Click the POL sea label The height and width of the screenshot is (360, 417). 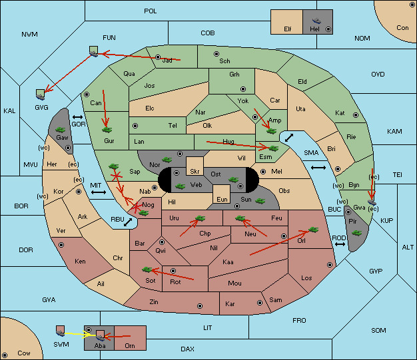click(151, 11)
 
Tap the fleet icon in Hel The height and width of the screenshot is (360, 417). click(316, 21)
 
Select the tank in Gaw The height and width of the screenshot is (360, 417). click(61, 130)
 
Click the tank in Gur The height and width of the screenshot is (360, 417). click(107, 130)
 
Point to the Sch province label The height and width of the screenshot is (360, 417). click(224, 61)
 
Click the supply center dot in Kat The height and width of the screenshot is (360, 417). click(356, 115)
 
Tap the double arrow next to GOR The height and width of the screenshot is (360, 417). click(78, 117)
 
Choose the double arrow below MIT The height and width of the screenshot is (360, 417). click(99, 192)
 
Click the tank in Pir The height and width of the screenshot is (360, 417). click(356, 234)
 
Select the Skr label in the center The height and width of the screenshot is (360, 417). click(195, 172)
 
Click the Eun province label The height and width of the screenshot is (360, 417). click(222, 199)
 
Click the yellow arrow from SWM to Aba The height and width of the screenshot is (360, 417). click(78, 334)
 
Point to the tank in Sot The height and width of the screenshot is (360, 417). click(147, 270)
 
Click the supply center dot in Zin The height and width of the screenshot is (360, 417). click(200, 306)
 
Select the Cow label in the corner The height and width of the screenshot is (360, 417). click(24, 353)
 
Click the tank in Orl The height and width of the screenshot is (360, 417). click(314, 230)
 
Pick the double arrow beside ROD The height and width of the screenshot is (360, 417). click(340, 244)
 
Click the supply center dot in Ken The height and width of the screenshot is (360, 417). click(61, 245)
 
